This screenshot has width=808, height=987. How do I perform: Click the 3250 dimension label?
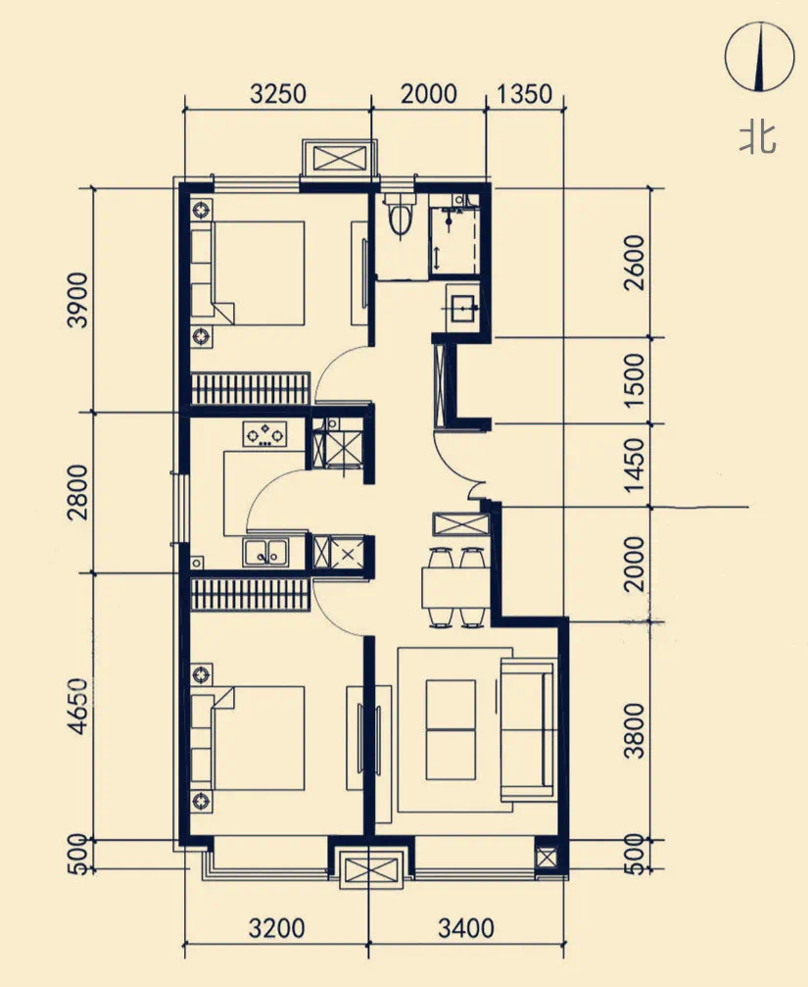(x=278, y=94)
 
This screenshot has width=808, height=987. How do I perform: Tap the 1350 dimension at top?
(x=524, y=94)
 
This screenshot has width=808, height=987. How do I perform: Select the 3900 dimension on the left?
(x=78, y=300)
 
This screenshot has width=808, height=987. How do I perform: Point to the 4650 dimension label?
(x=78, y=706)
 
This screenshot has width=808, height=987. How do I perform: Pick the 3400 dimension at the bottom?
(x=466, y=928)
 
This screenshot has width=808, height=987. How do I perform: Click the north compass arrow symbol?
(x=760, y=57)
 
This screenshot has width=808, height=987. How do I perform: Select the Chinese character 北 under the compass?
(x=758, y=137)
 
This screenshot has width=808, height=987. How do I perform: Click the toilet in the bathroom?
(x=400, y=214)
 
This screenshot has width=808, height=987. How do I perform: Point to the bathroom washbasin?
(x=463, y=307)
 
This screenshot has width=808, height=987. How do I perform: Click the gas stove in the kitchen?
(x=264, y=433)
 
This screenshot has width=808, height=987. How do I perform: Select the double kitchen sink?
(x=266, y=552)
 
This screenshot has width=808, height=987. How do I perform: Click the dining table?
(x=455, y=587)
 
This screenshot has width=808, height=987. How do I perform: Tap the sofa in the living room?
(x=528, y=729)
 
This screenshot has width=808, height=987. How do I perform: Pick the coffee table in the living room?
(x=451, y=729)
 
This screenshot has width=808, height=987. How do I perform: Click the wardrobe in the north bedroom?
(x=251, y=389)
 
